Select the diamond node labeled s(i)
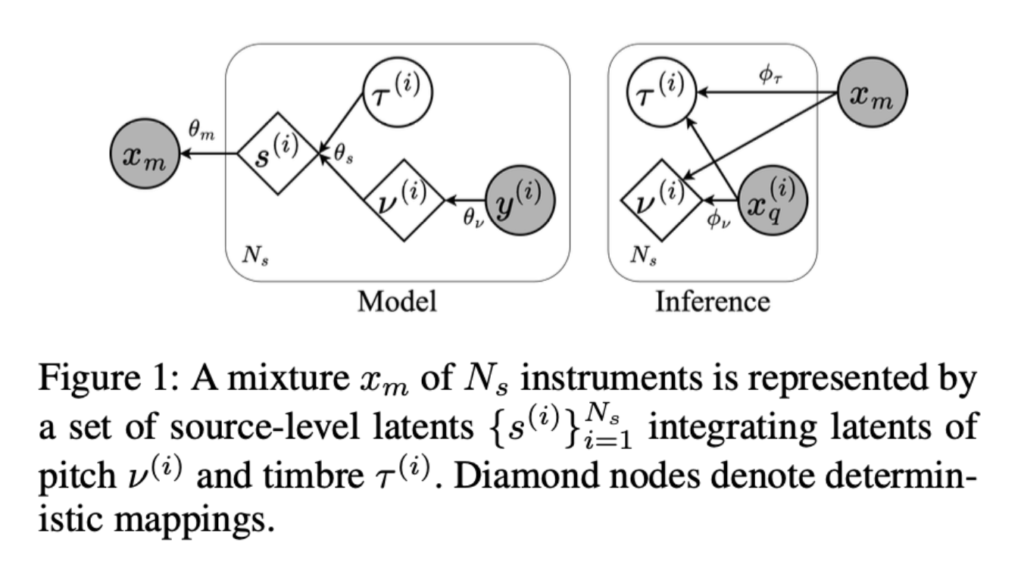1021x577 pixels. tap(275, 154)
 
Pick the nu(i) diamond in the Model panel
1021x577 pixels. tap(404, 200)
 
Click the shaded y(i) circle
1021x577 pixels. tap(520, 200)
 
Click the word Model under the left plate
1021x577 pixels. tap(397, 301)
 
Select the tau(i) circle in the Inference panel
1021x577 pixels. tap(657, 94)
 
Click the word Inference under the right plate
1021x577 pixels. tap(712, 301)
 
